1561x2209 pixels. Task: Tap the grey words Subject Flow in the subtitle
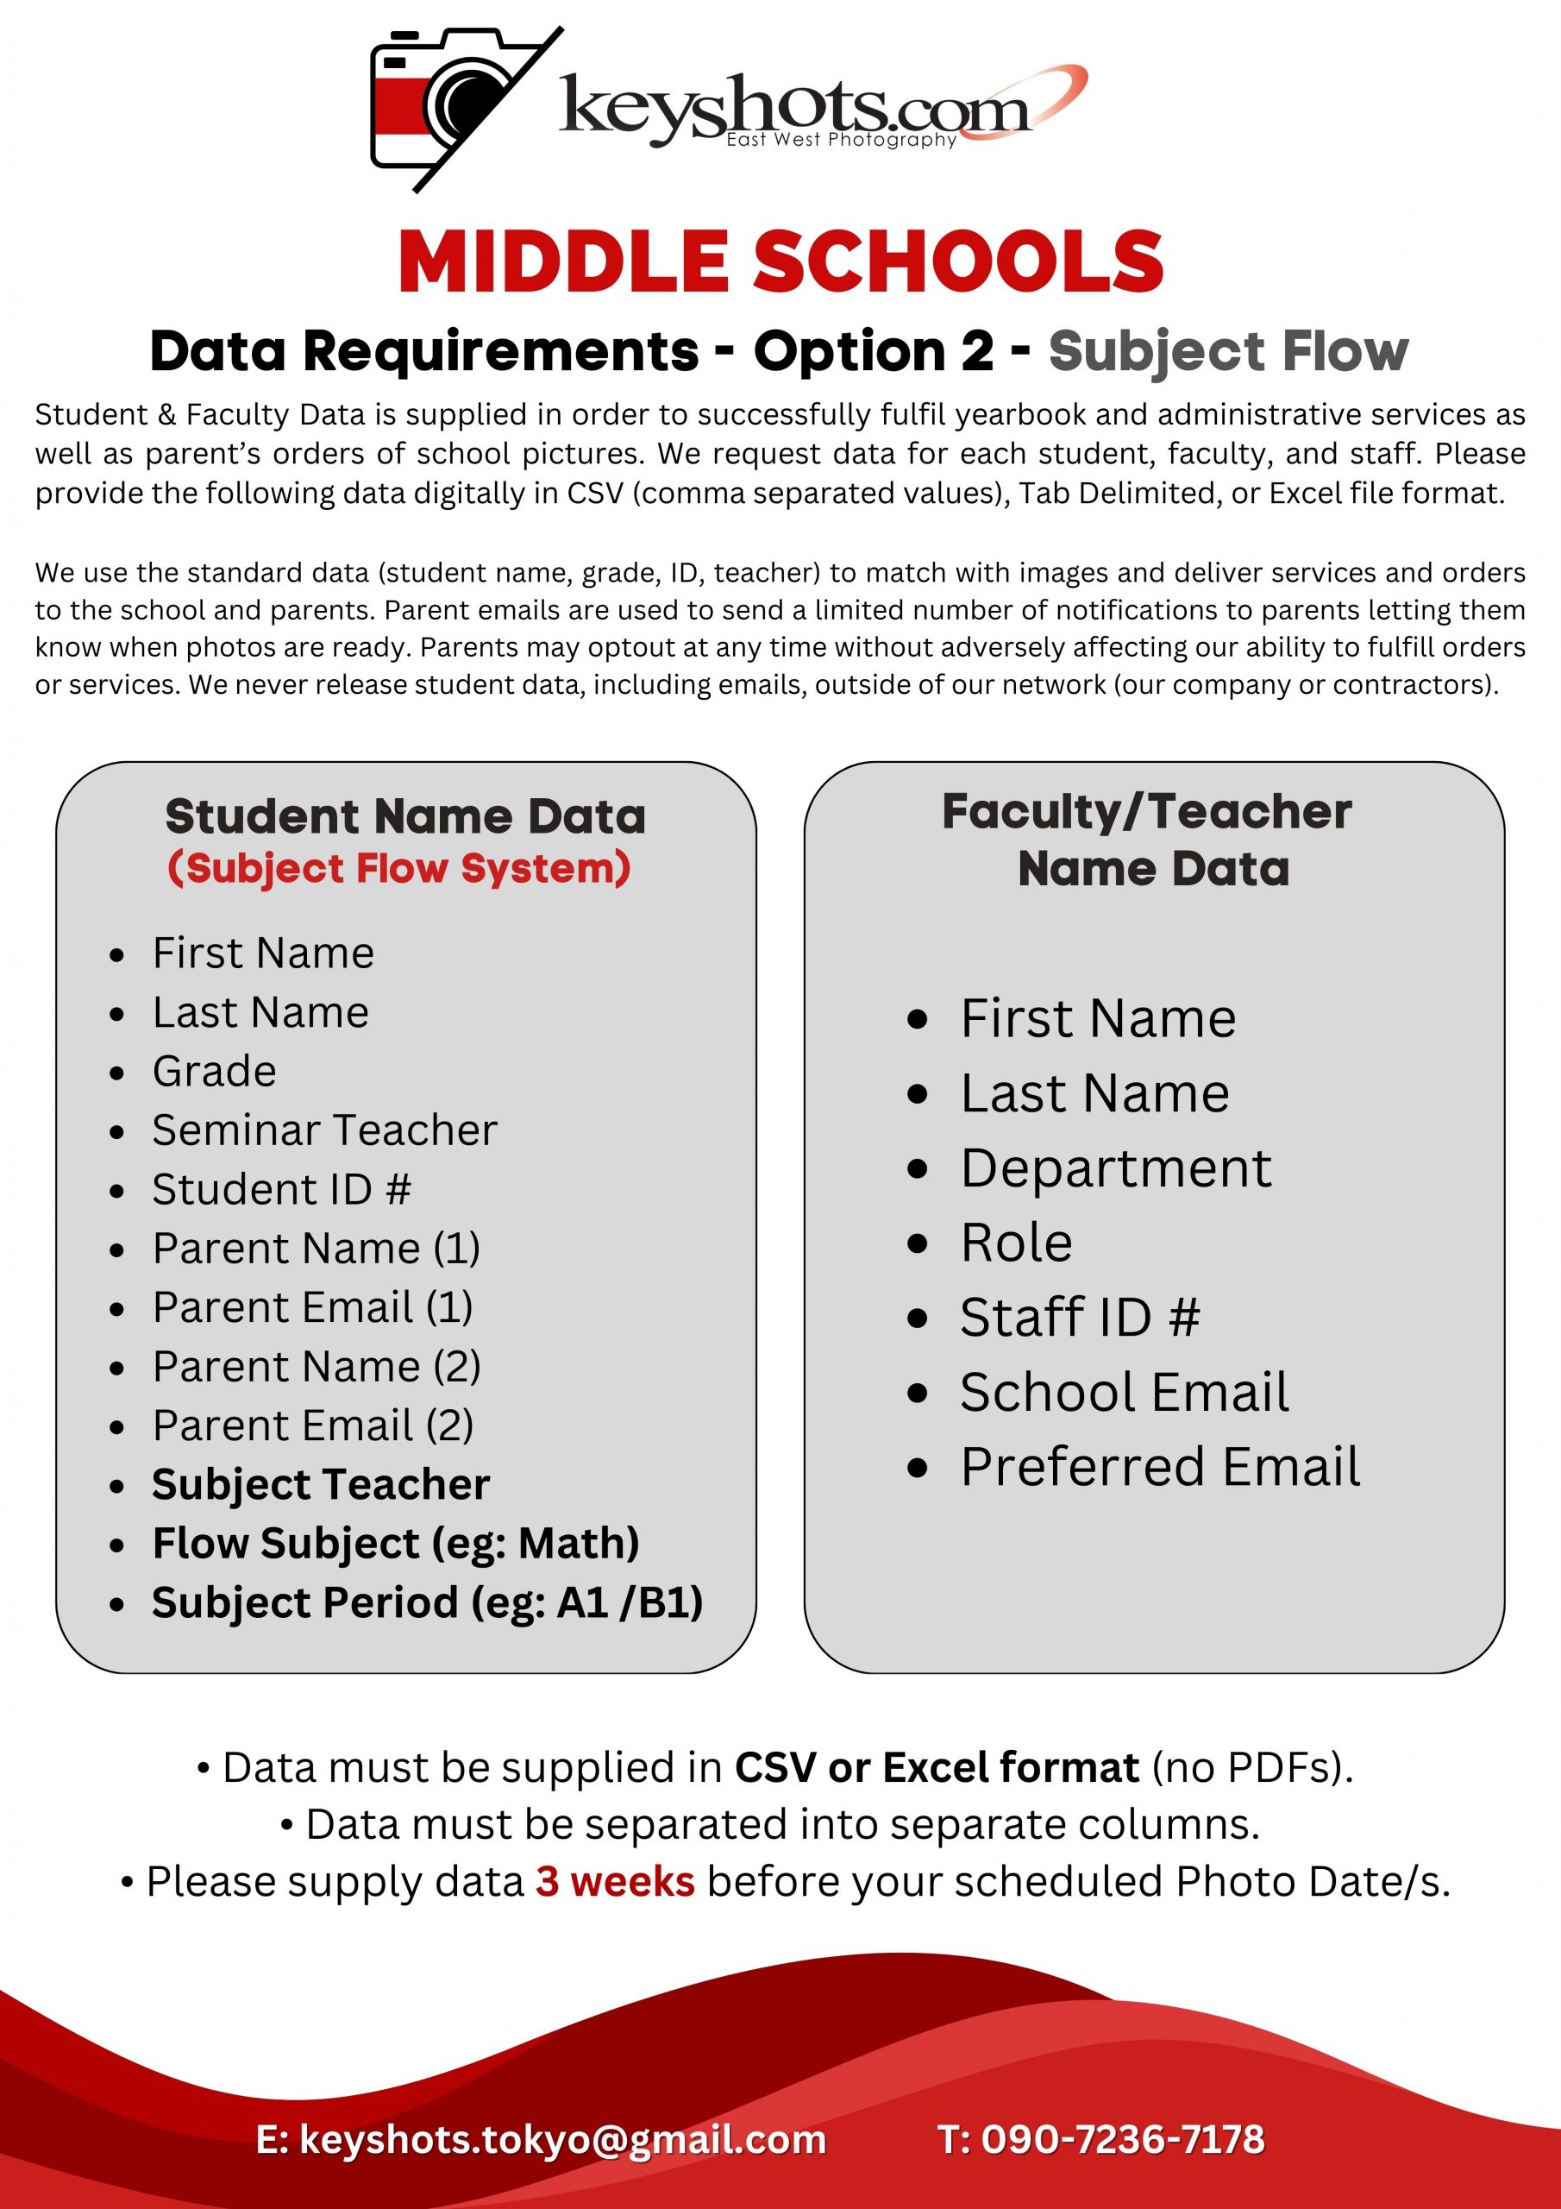[1227, 351]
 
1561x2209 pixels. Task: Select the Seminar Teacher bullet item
[324, 1130]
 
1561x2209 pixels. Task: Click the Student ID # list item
[281, 1189]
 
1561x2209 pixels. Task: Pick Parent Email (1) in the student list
[312, 1306]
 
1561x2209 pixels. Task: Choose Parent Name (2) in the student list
[317, 1366]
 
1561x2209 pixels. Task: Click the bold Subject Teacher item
[320, 1484]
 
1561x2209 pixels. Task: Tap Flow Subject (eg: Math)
[395, 1543]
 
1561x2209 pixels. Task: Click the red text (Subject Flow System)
[399, 868]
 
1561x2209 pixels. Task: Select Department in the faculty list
[1116, 1168]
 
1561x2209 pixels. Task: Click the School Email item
[1125, 1392]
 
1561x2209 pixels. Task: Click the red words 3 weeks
[615, 1881]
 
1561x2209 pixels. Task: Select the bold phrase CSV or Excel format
[936, 1767]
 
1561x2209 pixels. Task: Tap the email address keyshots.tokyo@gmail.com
[562, 2139]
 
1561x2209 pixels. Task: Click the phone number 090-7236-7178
[1122, 2139]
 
